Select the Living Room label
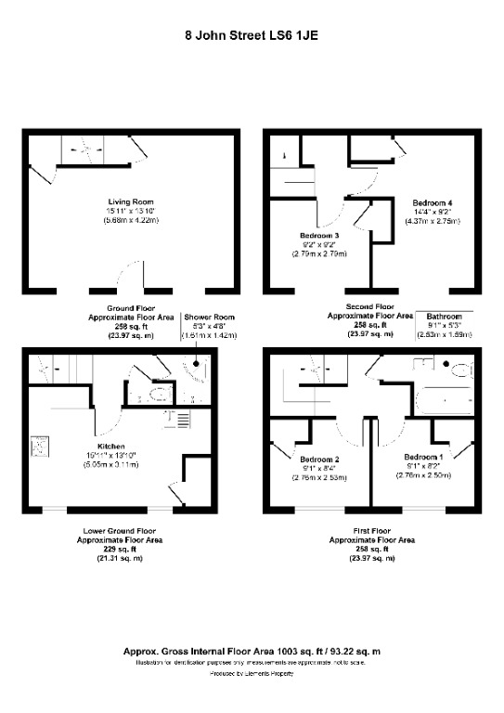pos(130,201)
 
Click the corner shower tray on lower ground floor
pos(198,372)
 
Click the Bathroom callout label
pos(444,317)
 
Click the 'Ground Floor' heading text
pos(130,306)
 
